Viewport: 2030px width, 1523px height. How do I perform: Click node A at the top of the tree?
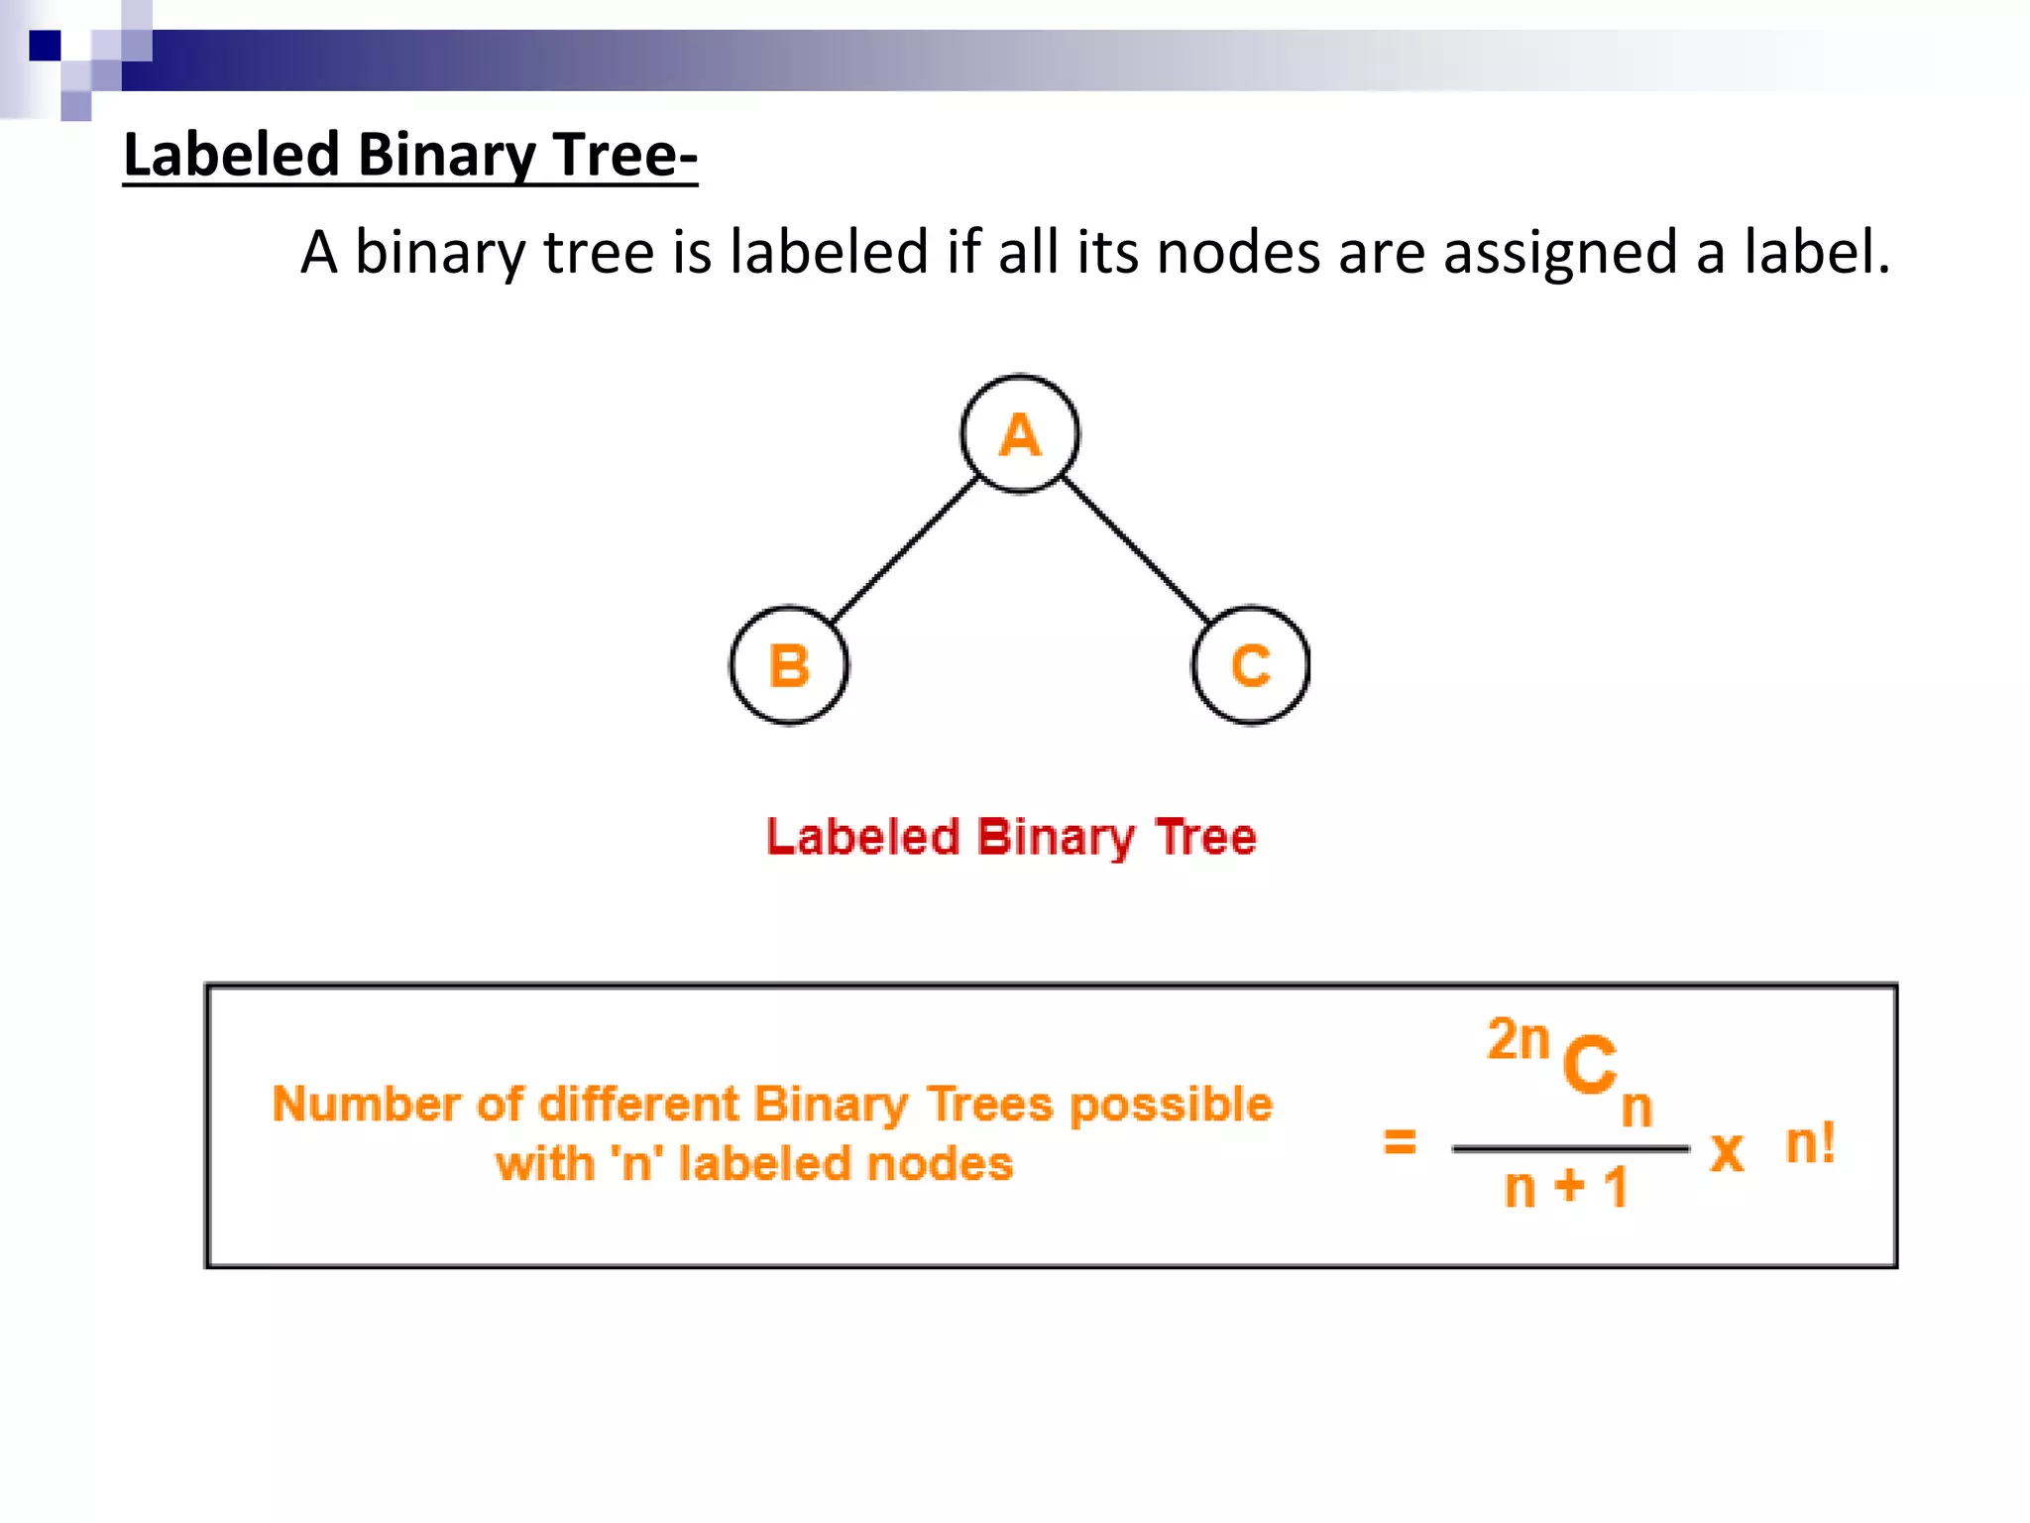(1020, 434)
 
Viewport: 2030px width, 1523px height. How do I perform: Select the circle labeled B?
(789, 665)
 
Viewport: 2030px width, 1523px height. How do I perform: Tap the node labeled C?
(1251, 665)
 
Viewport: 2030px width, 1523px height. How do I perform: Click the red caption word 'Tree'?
(1206, 837)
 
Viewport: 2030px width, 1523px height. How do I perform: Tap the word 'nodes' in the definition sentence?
(1239, 252)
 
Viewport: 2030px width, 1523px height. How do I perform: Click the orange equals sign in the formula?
(1400, 1141)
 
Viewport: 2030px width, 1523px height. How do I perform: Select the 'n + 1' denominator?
(1566, 1187)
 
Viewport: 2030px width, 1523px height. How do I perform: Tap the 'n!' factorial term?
(1810, 1142)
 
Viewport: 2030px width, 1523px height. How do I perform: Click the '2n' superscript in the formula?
(1519, 1040)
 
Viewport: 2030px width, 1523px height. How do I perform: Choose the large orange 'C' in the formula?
(1589, 1065)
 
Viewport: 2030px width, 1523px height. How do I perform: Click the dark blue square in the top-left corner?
(45, 46)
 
